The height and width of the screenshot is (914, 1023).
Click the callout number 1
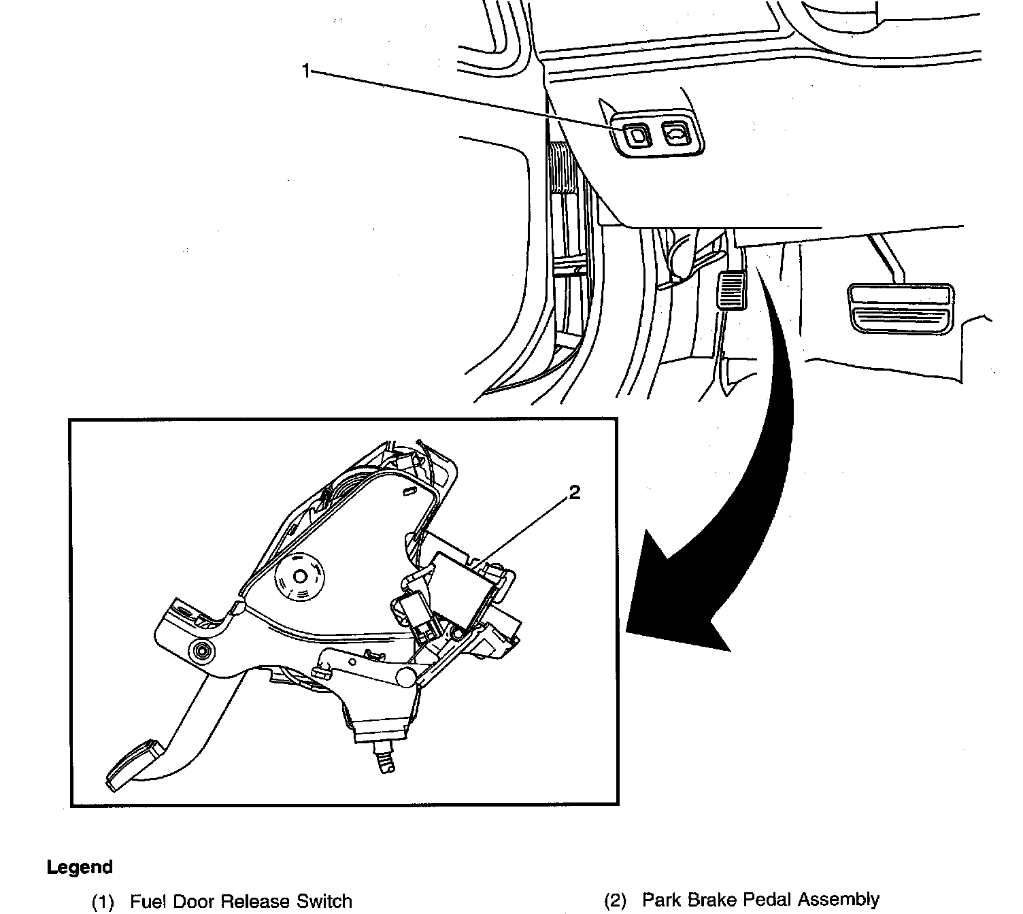[x=306, y=70]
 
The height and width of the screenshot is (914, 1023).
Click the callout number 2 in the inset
[x=575, y=493]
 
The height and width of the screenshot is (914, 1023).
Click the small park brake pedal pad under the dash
[x=731, y=289]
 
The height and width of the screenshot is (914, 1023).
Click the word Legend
[x=80, y=867]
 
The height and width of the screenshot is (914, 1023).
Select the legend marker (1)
[x=103, y=902]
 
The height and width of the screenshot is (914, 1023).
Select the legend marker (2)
[x=615, y=900]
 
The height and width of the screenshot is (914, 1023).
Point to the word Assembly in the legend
[x=839, y=900]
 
